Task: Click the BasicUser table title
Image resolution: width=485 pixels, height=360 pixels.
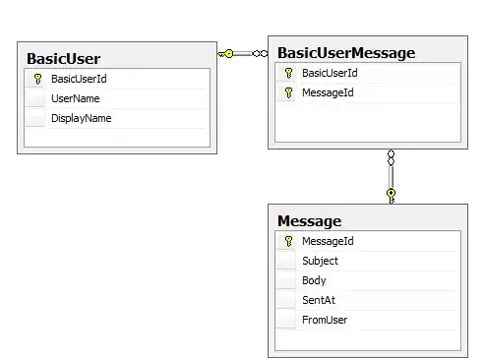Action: (x=63, y=59)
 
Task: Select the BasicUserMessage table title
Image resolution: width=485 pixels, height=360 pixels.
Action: (x=346, y=53)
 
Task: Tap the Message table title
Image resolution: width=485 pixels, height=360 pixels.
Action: (x=309, y=221)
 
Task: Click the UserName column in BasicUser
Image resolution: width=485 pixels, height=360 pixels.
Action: (x=76, y=98)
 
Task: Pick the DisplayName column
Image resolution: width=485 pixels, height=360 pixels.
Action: (x=82, y=118)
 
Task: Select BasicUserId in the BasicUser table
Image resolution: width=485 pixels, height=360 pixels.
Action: (x=79, y=79)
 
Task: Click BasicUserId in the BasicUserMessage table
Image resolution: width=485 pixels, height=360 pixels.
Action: (x=330, y=73)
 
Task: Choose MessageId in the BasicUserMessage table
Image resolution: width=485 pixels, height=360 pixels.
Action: (x=328, y=92)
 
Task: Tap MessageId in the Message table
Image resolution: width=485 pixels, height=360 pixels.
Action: (x=328, y=241)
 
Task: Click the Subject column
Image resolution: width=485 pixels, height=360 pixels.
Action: (x=320, y=261)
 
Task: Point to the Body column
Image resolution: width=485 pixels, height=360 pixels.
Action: (x=314, y=280)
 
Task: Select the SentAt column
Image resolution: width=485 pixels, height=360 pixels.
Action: (x=319, y=300)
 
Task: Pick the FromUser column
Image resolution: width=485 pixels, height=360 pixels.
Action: (x=325, y=320)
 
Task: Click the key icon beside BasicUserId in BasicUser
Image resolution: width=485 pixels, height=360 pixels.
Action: (x=37, y=79)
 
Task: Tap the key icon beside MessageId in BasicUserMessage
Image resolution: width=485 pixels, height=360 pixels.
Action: (x=288, y=92)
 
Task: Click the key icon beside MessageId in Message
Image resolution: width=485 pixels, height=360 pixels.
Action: (x=288, y=241)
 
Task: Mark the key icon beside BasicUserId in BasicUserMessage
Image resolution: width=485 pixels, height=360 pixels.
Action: (x=288, y=73)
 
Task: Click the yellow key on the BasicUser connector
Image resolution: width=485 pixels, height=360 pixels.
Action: (x=225, y=54)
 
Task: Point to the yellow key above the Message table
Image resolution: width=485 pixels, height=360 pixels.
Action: (x=391, y=196)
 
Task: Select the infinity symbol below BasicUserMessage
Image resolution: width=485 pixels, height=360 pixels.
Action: (x=391, y=157)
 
